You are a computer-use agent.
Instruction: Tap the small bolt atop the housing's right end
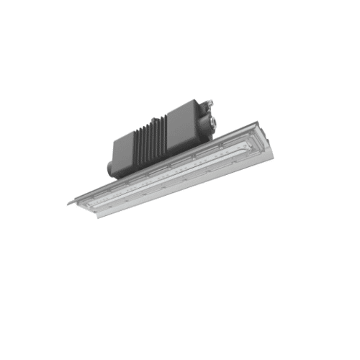pos(211,101)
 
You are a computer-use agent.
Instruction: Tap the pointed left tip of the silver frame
pos(69,203)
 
